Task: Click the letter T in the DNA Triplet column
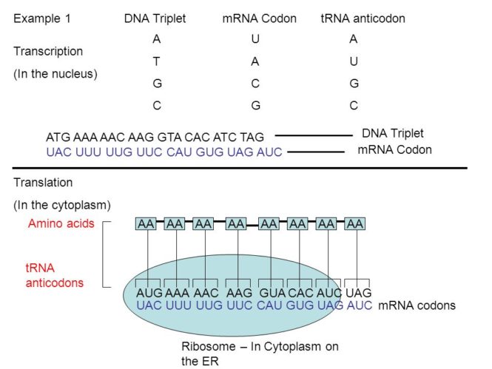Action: pyautogui.click(x=156, y=61)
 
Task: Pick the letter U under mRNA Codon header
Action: pyautogui.click(x=255, y=39)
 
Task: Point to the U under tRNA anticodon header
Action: pyautogui.click(x=354, y=61)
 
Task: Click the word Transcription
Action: pyautogui.click(x=48, y=52)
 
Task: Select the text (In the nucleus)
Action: pyautogui.click(x=55, y=74)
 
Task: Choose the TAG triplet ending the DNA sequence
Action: pyautogui.click(x=253, y=137)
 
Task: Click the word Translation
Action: pyautogui.click(x=43, y=182)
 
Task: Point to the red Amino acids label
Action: pyautogui.click(x=61, y=223)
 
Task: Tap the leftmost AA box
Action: pyautogui.click(x=146, y=223)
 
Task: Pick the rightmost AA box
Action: pyautogui.click(x=355, y=223)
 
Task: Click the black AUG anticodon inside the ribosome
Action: pyautogui.click(x=149, y=293)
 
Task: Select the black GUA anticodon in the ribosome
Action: pyautogui.click(x=270, y=293)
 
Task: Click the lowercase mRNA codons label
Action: pyautogui.click(x=417, y=305)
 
